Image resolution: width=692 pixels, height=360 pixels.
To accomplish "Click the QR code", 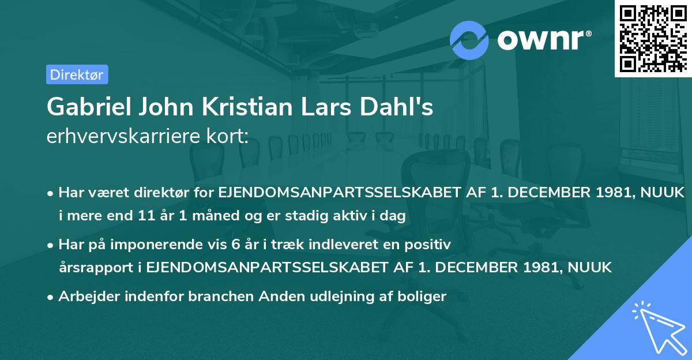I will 653,39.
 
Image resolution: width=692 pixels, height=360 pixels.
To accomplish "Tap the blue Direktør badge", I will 77,74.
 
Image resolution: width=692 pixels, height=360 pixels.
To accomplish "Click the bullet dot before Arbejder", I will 51,297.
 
